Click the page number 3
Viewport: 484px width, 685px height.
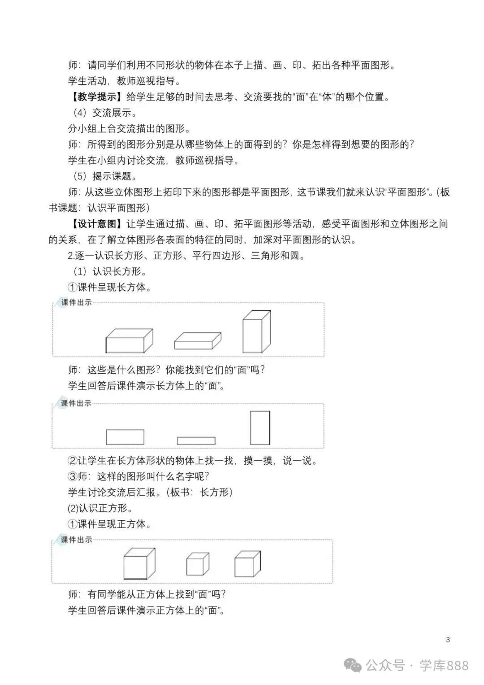click(448, 640)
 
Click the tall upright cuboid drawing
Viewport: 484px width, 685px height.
click(256, 332)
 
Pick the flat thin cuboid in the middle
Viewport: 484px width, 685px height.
click(198, 341)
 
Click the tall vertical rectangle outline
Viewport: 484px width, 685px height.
click(260, 428)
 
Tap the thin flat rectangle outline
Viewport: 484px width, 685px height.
click(196, 441)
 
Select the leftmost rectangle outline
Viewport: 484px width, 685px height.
click(125, 437)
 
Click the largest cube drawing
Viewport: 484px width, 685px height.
click(139, 564)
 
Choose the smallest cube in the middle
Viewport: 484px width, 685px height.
click(198, 564)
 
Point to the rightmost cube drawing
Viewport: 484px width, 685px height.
click(247, 564)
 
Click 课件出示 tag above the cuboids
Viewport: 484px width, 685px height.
click(76, 302)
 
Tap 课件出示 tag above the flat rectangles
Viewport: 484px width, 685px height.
click(76, 403)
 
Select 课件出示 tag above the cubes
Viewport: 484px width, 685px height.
click(76, 540)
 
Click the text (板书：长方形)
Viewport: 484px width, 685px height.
click(199, 492)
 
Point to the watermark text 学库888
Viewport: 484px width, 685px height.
click(444, 665)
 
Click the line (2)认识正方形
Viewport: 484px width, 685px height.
click(100, 508)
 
